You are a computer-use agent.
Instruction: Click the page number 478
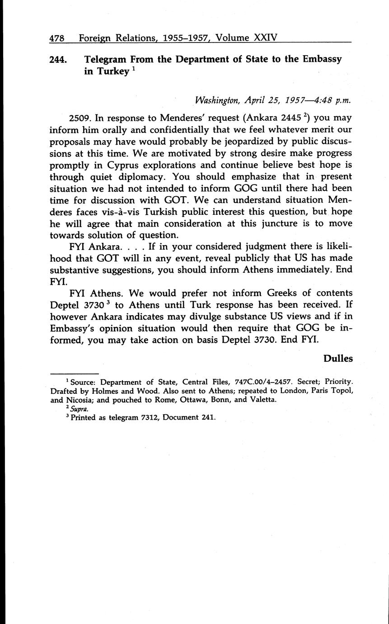coord(56,39)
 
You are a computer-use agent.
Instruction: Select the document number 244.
coord(59,59)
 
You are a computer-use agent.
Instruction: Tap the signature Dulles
coord(338,359)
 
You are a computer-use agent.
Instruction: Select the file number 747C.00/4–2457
coord(262,382)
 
